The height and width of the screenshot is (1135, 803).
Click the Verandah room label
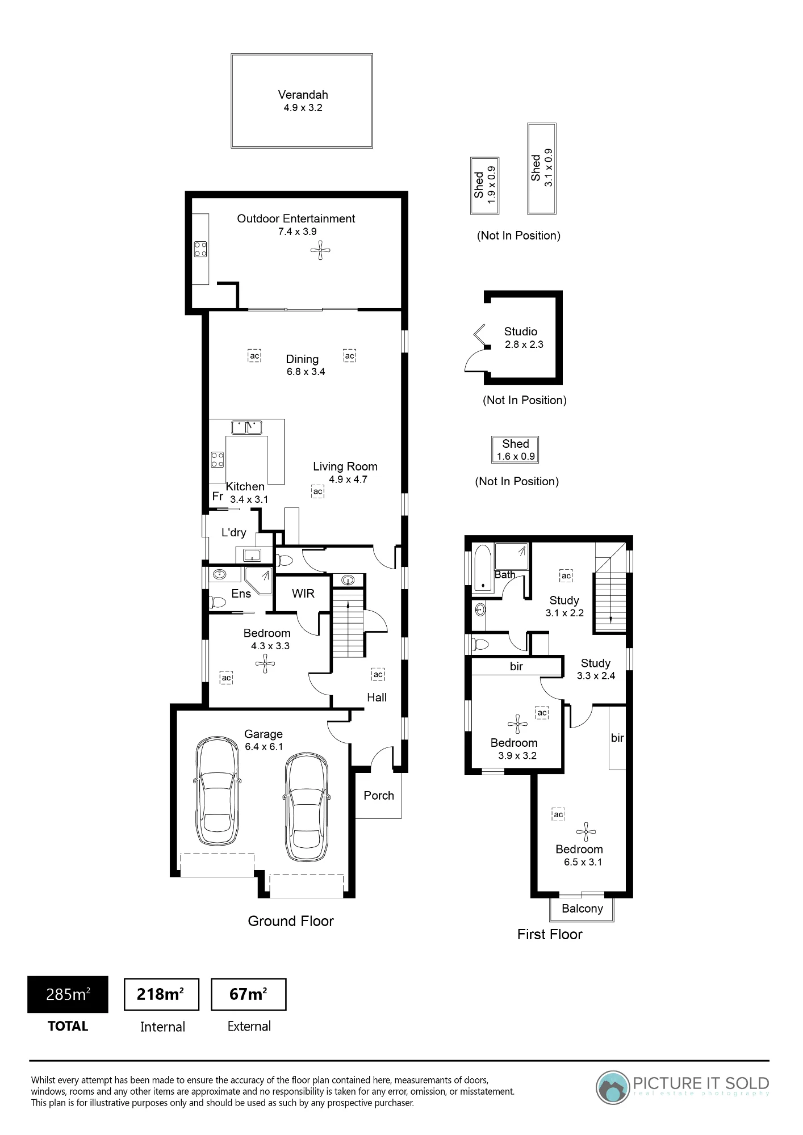303,95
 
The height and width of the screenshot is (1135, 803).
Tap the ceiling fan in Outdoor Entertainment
320,250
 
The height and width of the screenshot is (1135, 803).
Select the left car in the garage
217,791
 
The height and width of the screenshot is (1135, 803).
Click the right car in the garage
307,808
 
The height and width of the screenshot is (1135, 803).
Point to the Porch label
379,796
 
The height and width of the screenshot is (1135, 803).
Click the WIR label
303,594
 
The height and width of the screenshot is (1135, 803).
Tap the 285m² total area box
68,994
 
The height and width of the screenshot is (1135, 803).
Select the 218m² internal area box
161,994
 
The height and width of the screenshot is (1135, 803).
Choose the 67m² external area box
249,994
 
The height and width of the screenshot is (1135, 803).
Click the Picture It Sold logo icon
613,1087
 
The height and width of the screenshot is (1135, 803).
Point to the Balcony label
582,909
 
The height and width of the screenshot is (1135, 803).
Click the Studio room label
521,331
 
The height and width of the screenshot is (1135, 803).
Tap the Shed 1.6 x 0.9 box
515,449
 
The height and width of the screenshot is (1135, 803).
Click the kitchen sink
247,427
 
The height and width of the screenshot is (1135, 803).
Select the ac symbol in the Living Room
318,491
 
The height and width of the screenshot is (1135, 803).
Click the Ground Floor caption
291,921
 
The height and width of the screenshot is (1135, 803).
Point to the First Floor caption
550,935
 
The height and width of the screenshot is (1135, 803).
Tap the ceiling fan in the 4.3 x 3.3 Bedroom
265,663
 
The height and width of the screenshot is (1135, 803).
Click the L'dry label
234,532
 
